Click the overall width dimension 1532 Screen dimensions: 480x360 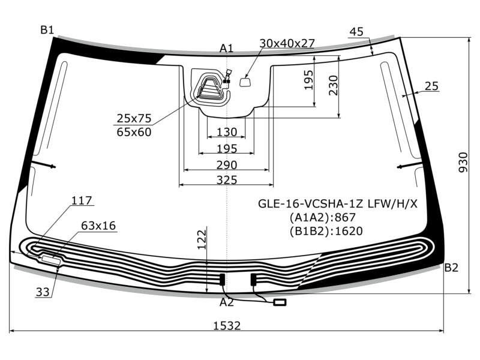click(227, 325)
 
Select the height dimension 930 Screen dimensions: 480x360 click(463, 162)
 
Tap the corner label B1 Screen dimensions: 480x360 click(47, 30)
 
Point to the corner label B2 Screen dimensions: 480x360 click(451, 268)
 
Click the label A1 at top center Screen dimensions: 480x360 click(227, 48)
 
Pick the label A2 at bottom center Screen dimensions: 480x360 click(227, 302)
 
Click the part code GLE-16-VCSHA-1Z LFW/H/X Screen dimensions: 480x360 click(338, 203)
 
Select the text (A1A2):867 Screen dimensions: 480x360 click(323, 217)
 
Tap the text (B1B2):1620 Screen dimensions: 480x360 click(326, 231)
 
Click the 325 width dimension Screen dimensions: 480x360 click(227, 180)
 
